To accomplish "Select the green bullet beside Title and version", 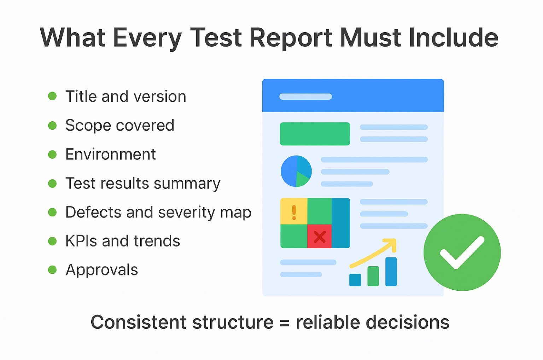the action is coord(52,96).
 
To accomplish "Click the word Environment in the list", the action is coord(111,154).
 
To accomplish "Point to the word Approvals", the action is coord(102,270).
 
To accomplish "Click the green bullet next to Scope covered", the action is coord(52,125).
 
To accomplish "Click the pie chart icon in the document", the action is coord(296,171).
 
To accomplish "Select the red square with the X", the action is coord(320,236).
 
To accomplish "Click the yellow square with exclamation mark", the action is coord(294,211).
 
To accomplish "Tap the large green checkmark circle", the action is coord(462,252).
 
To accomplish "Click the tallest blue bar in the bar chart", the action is coord(391,272).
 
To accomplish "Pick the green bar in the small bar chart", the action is coord(373,276).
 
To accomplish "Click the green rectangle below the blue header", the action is coord(315,134).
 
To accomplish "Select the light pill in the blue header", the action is coord(305,97).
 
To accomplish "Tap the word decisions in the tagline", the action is coord(408,322).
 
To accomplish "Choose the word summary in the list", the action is coord(187,184).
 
